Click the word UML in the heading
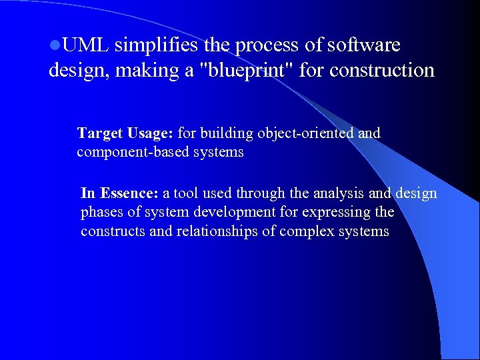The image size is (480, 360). (83, 45)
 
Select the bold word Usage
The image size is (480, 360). (151, 133)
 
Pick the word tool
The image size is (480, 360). (185, 193)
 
